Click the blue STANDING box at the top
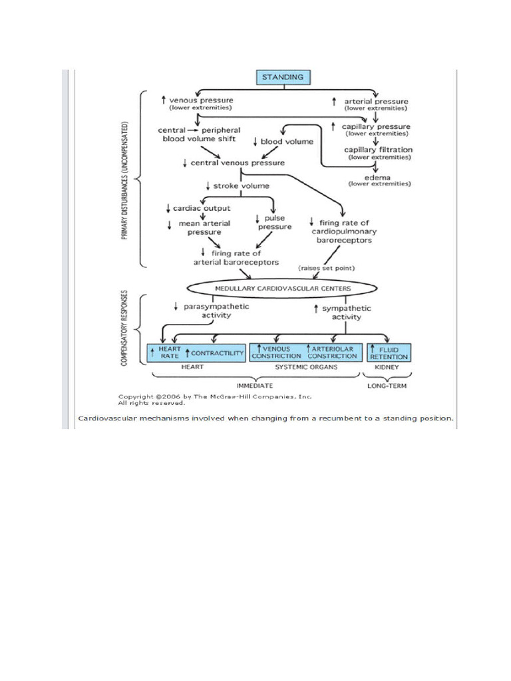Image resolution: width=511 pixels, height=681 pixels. pos(284,77)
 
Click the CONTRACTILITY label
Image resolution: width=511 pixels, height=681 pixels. pos(218,352)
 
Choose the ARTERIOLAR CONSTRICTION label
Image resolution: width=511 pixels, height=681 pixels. pos(333,352)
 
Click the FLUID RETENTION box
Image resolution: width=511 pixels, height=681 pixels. pos(389,352)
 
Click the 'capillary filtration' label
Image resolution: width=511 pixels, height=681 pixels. pos(378,150)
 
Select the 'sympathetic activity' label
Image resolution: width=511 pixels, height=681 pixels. pos(347,313)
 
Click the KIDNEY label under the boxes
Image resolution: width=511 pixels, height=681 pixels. pos(387,367)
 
